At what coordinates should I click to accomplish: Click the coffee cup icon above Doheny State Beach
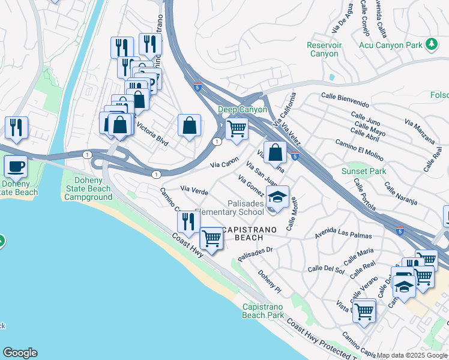tap(15, 166)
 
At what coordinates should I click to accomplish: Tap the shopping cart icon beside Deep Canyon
tap(237, 128)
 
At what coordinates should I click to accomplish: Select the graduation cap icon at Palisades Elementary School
tap(277, 196)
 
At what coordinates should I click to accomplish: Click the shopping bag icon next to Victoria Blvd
tap(189, 125)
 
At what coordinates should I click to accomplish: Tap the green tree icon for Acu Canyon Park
tap(431, 44)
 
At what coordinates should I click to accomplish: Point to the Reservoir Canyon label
tap(324, 49)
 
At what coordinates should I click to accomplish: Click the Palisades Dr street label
tap(255, 254)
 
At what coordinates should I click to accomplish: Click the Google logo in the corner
tap(20, 353)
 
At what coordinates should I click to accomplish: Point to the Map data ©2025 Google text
tap(412, 355)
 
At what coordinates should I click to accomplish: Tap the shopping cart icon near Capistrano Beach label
tap(211, 238)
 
